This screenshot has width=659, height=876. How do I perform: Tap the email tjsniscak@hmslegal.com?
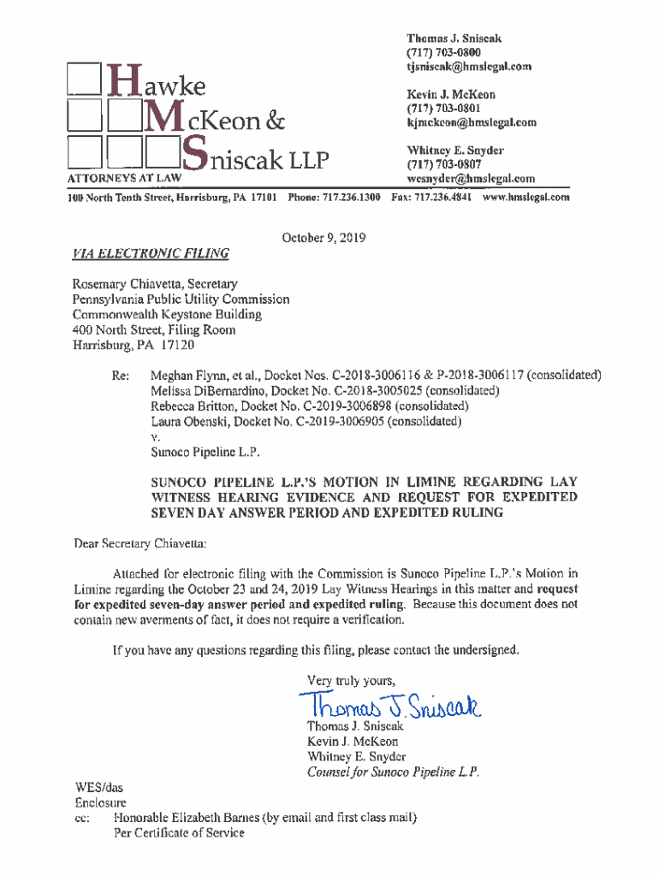pyautogui.click(x=469, y=67)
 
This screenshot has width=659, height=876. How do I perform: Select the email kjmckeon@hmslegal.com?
pyautogui.click(x=472, y=122)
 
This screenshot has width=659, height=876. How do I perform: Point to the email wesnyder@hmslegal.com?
pyautogui.click(x=471, y=179)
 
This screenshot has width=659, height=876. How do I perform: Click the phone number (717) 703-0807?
pyautogui.click(x=444, y=164)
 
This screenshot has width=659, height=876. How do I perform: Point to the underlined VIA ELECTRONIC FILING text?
pyautogui.click(x=151, y=253)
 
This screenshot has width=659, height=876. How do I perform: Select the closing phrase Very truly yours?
pyautogui.click(x=351, y=681)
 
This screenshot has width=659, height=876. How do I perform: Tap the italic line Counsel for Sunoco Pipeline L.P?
pyautogui.click(x=393, y=772)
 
